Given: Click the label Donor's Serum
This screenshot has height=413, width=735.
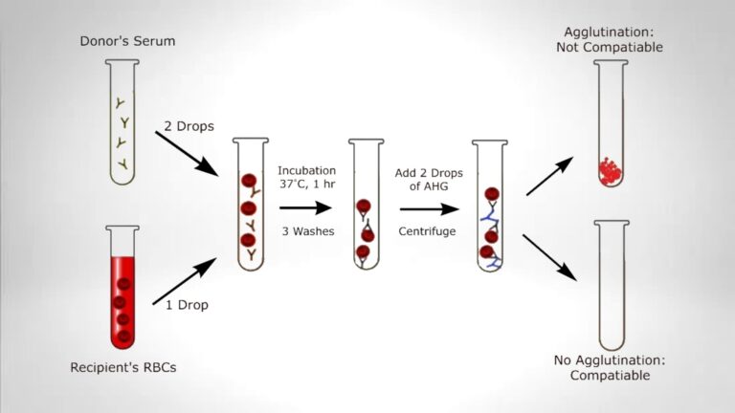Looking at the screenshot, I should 122,41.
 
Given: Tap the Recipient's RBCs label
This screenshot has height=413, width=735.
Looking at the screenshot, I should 122,367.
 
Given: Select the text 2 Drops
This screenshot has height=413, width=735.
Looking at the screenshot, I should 195,126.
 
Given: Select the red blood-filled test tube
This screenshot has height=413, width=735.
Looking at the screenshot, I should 122,287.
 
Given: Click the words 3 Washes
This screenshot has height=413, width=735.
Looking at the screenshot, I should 306,232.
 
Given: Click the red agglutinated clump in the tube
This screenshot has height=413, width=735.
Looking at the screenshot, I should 611,168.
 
